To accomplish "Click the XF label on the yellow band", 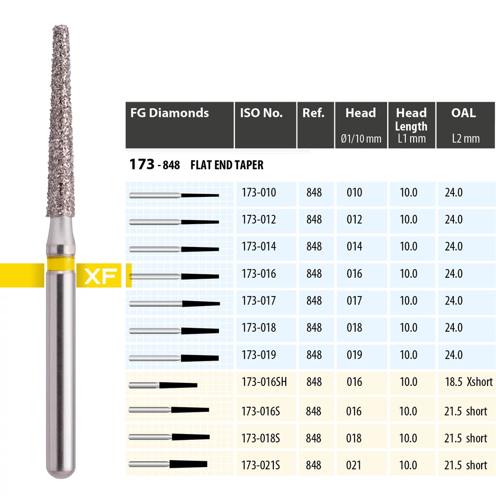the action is pyautogui.click(x=101, y=276).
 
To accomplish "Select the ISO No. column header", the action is pyautogui.click(x=261, y=113).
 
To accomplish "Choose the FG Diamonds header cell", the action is pyautogui.click(x=170, y=113).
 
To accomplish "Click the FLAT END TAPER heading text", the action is pyautogui.click(x=227, y=165).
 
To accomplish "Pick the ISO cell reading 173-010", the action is pyautogui.click(x=259, y=192).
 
